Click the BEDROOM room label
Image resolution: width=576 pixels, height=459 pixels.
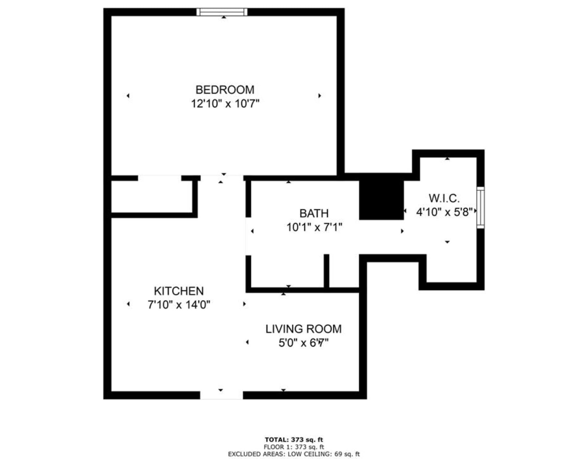225,90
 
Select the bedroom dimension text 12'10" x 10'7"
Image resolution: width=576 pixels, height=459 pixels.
225,104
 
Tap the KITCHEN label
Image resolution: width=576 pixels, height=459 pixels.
179,291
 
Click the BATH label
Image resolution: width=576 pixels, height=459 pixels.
314,213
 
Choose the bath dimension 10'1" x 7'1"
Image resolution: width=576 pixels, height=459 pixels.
314,227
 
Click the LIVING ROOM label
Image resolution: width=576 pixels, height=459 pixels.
303,329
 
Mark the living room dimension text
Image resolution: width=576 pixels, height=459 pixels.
303,343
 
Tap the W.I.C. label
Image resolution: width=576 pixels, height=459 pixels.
444,198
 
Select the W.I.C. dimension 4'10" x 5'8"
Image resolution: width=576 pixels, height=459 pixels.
444,212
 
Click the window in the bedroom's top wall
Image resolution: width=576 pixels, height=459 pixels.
222,12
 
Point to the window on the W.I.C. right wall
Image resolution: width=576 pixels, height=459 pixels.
481,208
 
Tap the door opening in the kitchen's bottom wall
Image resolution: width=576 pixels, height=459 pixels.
221,395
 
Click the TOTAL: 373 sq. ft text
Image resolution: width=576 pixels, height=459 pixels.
294,440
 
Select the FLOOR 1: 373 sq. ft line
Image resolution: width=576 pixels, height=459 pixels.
294,447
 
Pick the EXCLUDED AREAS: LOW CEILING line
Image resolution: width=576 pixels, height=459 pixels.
294,454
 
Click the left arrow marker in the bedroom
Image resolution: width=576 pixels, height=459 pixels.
128,96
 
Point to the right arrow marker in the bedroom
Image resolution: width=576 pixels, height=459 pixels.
320,96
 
